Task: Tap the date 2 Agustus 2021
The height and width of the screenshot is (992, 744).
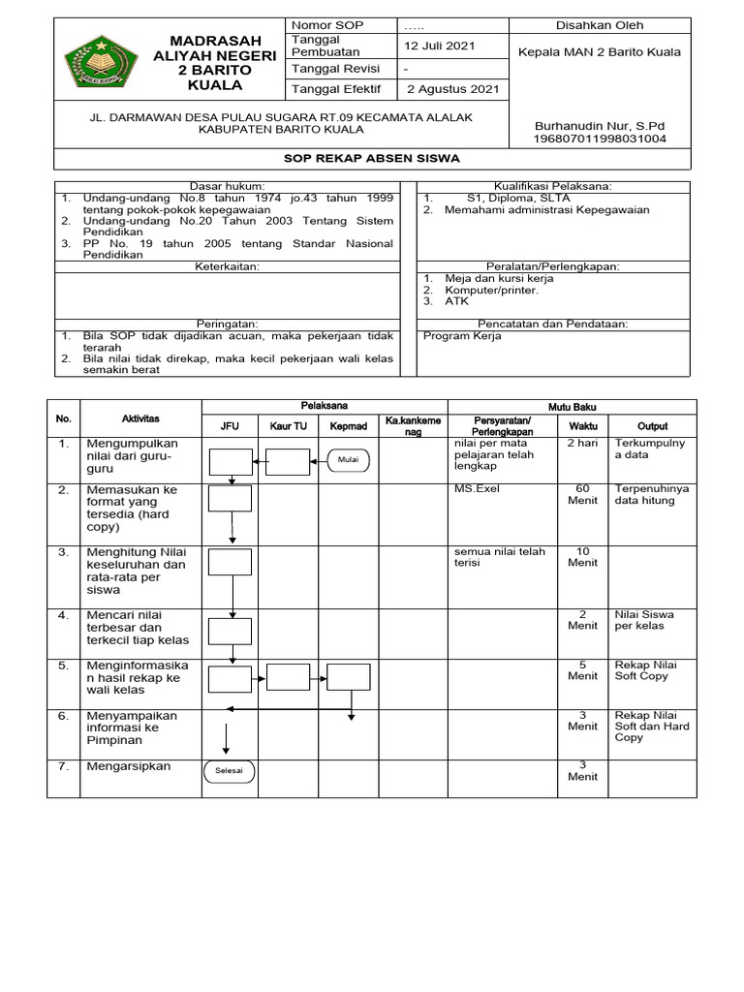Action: [452, 89]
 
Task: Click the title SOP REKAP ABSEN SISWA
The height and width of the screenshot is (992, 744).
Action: [372, 158]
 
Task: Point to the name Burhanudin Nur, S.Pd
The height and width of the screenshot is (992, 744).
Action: [599, 126]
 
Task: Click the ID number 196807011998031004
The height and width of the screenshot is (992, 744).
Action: [601, 139]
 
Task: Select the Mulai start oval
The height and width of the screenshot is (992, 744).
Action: [348, 461]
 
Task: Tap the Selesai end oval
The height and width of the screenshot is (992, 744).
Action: [230, 771]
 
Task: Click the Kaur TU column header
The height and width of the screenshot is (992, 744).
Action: [288, 425]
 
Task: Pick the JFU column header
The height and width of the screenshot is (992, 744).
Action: [230, 425]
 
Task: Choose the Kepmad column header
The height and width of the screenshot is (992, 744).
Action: [348, 425]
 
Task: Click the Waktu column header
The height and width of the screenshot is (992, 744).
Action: [583, 425]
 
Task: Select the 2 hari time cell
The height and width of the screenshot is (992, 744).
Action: [583, 443]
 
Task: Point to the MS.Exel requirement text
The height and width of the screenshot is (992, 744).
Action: [477, 489]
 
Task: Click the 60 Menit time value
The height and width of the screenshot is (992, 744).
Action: [583, 495]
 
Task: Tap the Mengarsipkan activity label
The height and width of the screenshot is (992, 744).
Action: [123, 766]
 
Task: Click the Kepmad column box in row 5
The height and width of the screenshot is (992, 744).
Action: [348, 678]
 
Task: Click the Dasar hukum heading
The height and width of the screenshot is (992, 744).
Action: [226, 186]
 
